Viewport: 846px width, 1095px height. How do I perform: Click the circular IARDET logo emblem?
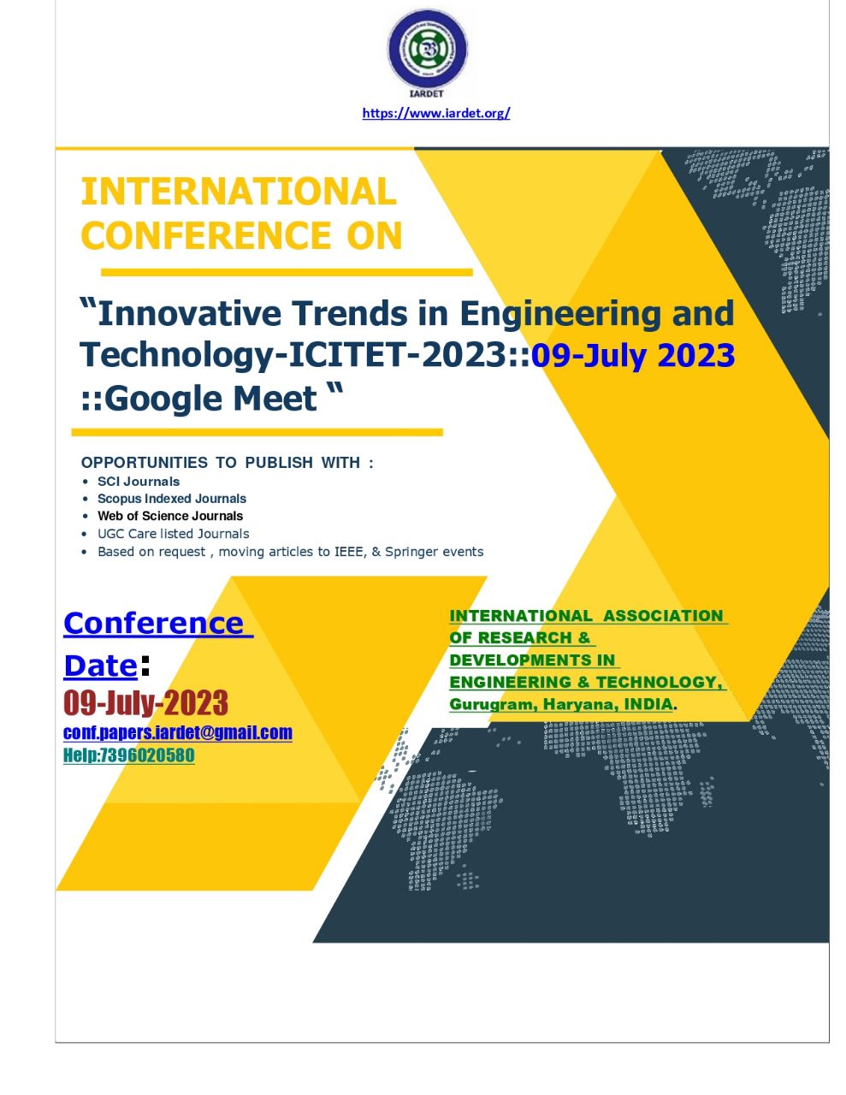(x=427, y=49)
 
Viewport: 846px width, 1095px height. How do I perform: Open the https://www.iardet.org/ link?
(x=436, y=113)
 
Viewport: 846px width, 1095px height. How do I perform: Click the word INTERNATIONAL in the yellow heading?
(x=239, y=192)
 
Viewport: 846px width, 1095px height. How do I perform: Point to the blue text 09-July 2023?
(x=633, y=354)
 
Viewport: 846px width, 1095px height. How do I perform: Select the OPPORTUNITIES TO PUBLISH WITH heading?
(x=227, y=463)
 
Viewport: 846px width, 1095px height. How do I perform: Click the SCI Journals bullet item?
(x=139, y=482)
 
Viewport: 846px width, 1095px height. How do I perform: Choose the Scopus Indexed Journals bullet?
(x=172, y=499)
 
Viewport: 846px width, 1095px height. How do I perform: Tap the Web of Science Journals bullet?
(x=170, y=516)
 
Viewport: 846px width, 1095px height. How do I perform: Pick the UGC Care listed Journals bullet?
(x=174, y=534)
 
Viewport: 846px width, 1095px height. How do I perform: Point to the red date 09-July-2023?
(x=146, y=703)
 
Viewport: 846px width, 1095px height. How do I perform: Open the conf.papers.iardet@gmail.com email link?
(x=178, y=732)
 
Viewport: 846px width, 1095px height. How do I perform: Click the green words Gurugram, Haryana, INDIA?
(x=561, y=704)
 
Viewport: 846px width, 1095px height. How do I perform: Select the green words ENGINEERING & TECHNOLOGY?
(x=585, y=682)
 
